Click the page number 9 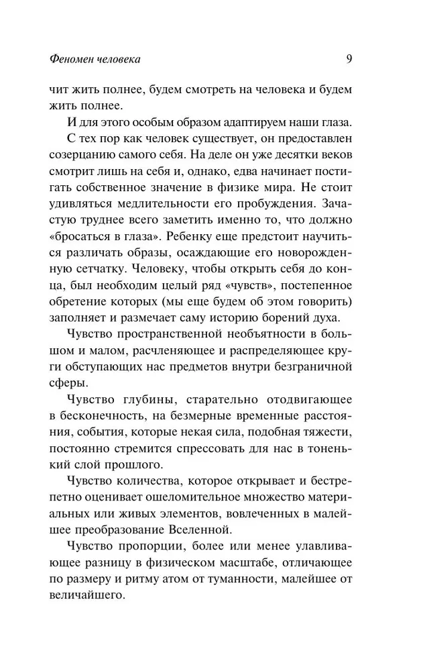[x=349, y=59]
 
